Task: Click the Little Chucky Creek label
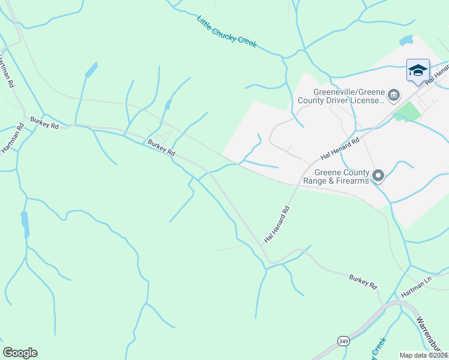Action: (x=227, y=32)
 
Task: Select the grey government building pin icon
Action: (x=394, y=95)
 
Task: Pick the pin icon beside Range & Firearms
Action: (x=378, y=176)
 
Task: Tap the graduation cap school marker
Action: (x=418, y=71)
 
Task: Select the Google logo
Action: (x=20, y=353)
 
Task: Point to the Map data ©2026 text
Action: (x=424, y=355)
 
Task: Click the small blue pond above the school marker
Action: (x=406, y=41)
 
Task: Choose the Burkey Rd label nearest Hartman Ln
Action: (x=363, y=280)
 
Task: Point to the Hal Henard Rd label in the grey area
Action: (x=340, y=148)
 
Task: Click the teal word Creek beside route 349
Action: (x=378, y=349)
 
